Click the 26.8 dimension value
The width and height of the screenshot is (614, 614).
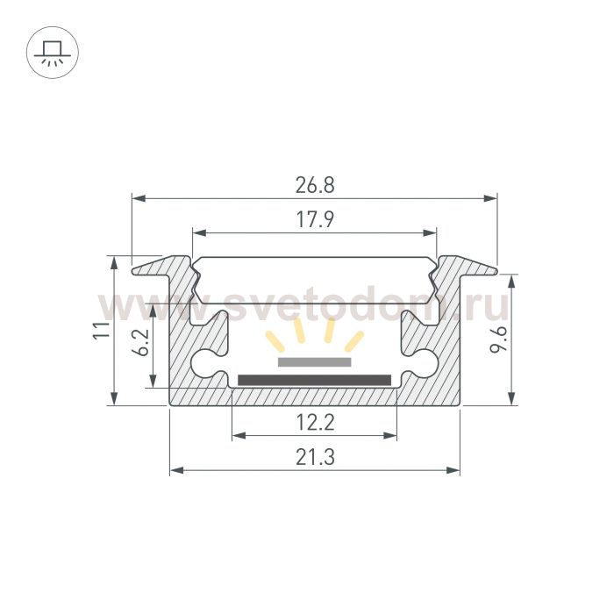[x=315, y=185]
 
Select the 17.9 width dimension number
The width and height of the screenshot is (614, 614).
[x=315, y=219]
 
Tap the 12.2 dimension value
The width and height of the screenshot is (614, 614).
[x=315, y=423]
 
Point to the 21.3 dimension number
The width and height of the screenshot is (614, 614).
[x=315, y=457]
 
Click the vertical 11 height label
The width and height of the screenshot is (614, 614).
[x=102, y=330]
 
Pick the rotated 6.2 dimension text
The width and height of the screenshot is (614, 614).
[x=140, y=342]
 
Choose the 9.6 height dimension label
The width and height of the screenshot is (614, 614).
[x=498, y=339]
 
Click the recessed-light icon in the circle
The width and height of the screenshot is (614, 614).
[x=53, y=53]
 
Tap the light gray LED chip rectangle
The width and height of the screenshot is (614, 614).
[x=314, y=362]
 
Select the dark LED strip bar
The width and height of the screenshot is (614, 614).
[x=314, y=380]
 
